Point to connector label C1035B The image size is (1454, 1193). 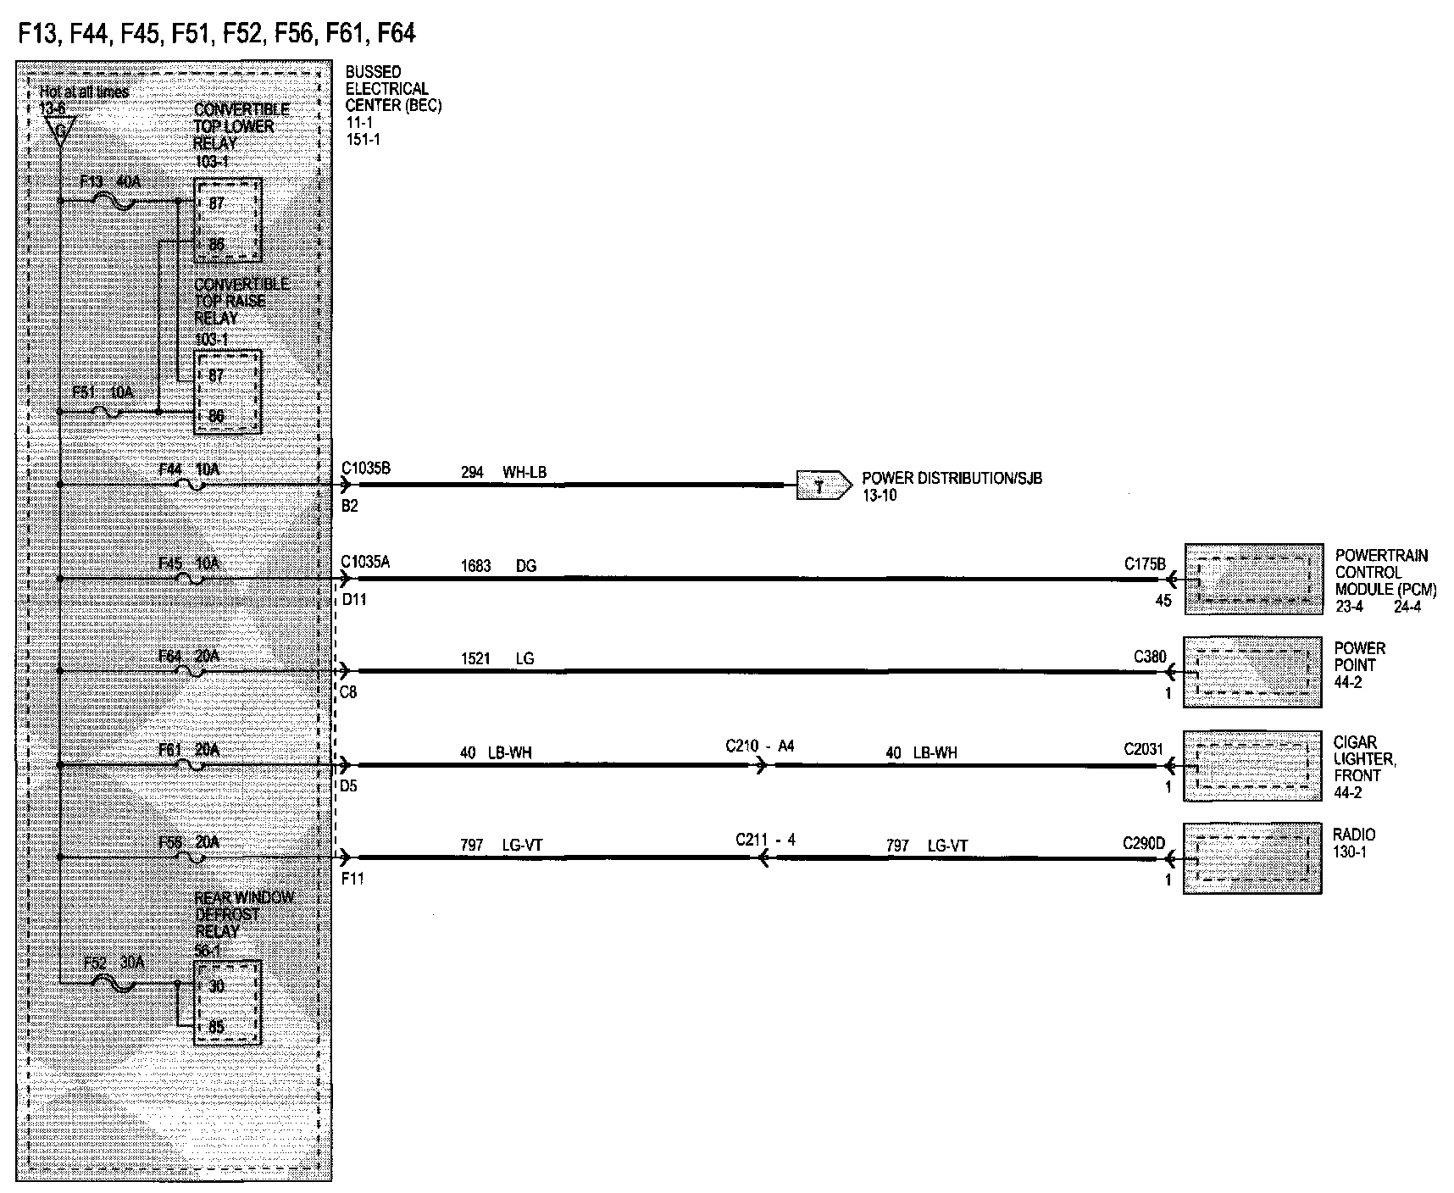366,469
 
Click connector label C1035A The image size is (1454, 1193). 366,562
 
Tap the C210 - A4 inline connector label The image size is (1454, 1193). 760,746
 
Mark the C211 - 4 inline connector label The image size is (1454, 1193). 765,841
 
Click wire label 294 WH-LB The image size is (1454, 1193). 503,473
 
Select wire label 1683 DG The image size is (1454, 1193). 498,566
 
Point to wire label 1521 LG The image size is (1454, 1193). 497,659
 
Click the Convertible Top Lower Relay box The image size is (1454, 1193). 227,220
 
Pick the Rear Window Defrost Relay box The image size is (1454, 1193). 227,1002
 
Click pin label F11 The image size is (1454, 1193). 352,879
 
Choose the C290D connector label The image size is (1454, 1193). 1144,843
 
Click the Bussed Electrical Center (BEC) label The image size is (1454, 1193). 393,89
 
